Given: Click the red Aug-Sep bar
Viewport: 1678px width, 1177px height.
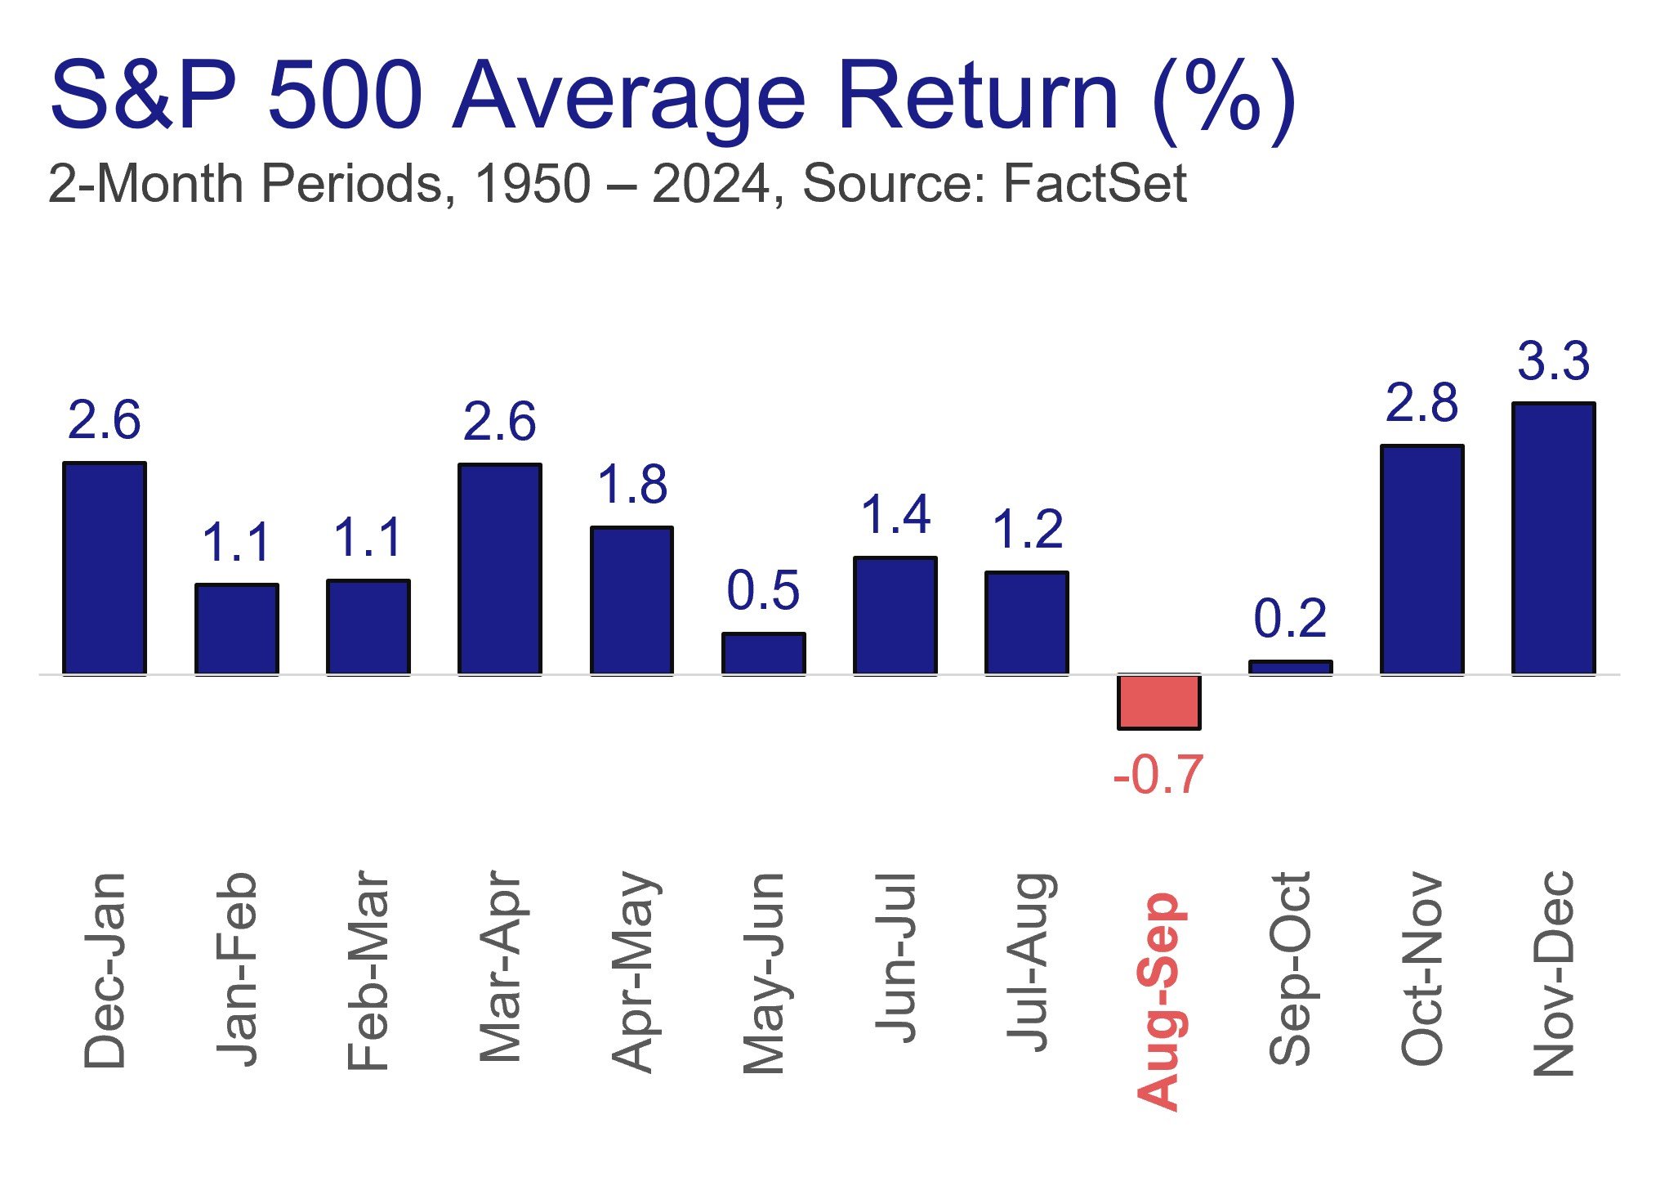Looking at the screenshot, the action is click(1158, 701).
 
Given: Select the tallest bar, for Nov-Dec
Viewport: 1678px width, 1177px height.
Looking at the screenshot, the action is click(1553, 539).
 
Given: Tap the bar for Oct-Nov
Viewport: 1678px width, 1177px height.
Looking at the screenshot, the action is click(1421, 560).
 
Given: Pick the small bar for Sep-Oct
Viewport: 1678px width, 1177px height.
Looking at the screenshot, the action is click(1290, 668).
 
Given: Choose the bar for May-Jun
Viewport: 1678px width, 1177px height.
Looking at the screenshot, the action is click(763, 654).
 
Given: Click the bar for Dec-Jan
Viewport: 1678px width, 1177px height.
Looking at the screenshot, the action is click(105, 569).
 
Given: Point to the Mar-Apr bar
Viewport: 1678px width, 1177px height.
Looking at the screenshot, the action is click(500, 570).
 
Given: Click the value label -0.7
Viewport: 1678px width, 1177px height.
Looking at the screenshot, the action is click(1158, 774).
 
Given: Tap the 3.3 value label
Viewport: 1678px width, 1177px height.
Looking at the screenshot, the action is click(1554, 360).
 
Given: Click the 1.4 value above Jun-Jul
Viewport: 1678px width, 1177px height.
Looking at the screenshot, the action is click(895, 515).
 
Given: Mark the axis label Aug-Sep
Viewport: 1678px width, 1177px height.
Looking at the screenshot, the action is click(1158, 1001).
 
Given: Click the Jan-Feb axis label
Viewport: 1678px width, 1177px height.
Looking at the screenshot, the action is click(236, 970).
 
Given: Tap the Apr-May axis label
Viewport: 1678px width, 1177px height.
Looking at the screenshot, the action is click(633, 973).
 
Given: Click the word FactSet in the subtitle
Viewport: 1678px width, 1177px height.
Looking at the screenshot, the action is click(1095, 183).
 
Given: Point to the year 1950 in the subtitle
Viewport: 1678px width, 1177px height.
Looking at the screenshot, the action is click(533, 183).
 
